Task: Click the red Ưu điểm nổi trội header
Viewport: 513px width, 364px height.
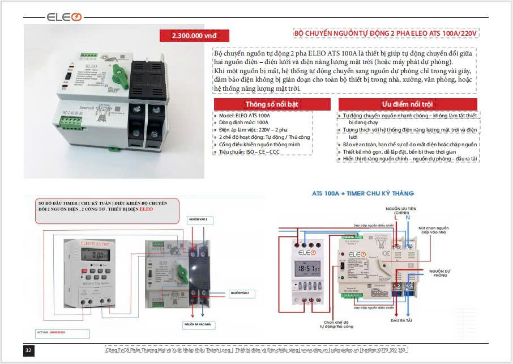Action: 407,104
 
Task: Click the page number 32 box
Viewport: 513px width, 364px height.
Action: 29,350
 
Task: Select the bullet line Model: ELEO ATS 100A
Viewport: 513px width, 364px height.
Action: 245,115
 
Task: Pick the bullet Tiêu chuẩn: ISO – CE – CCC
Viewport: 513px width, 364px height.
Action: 250,152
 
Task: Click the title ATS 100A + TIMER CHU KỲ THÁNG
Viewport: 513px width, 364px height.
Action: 363,193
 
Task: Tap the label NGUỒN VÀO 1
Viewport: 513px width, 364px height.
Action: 199,219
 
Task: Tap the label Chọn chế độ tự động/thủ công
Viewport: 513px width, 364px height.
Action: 336,324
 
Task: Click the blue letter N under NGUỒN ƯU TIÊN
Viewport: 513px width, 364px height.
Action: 408,217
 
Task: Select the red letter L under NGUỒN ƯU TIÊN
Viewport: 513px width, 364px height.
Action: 396,217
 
